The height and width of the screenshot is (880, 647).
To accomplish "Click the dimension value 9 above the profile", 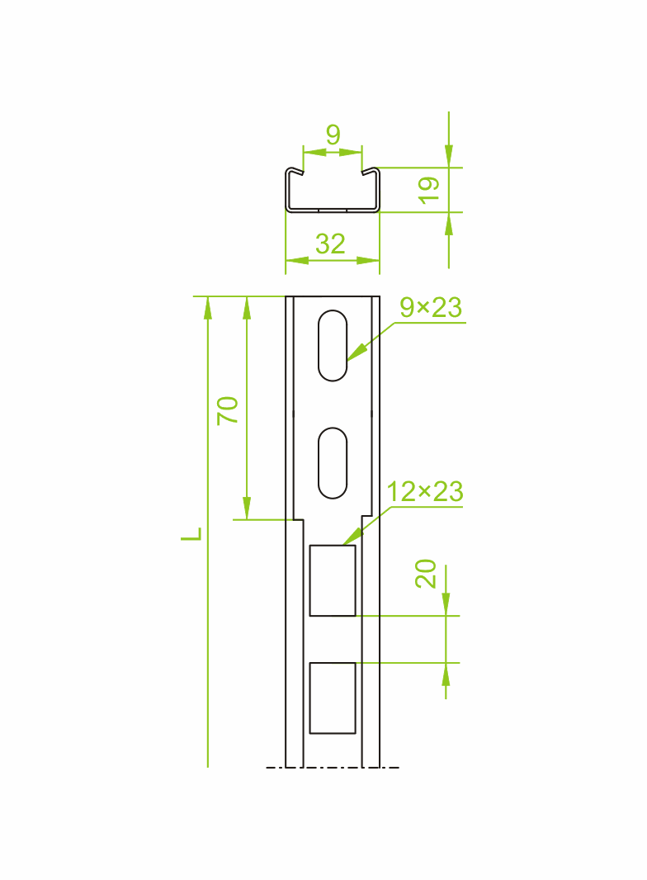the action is [333, 135].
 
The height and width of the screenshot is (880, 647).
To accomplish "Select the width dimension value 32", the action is [330, 244].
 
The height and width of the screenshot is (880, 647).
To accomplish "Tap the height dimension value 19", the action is [428, 190].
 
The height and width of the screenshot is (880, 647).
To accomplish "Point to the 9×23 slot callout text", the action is [431, 308].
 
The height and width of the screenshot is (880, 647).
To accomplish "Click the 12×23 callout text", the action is [425, 492].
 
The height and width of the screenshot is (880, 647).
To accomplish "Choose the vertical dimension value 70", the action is [228, 410].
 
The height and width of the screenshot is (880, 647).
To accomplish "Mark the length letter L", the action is [191, 534].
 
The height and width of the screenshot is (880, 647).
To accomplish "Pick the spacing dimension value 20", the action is [426, 574].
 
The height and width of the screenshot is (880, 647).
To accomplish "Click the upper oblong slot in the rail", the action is [333, 346].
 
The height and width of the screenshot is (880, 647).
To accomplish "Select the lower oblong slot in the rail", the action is [333, 463].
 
